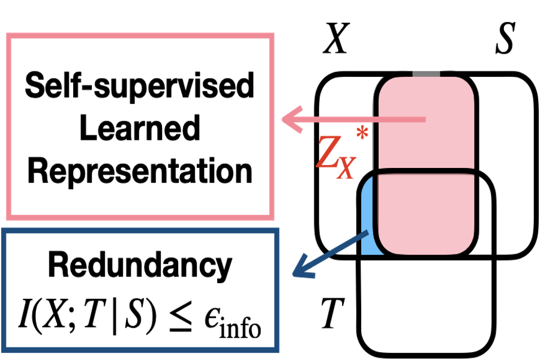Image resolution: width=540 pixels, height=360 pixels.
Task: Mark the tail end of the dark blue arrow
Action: click(x=367, y=232)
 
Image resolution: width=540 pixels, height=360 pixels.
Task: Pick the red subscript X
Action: click(x=346, y=168)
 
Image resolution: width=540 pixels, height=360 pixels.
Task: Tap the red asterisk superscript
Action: click(x=362, y=133)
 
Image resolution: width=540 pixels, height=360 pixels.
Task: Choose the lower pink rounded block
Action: click(x=427, y=213)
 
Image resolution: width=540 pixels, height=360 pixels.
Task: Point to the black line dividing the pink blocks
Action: click(x=427, y=172)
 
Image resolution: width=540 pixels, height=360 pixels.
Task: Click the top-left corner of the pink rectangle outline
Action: click(x=9, y=35)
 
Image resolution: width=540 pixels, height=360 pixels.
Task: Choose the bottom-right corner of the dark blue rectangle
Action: click(x=277, y=350)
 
